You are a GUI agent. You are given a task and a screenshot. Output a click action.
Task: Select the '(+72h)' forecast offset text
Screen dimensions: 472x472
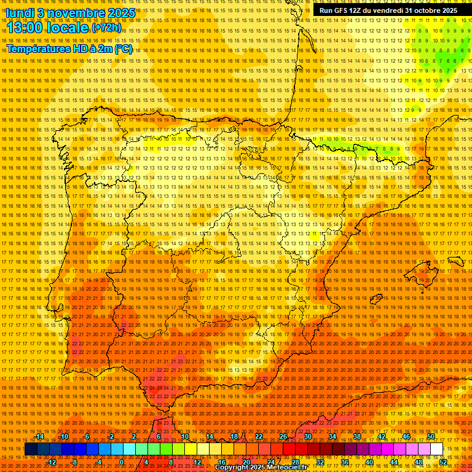coord(106,28)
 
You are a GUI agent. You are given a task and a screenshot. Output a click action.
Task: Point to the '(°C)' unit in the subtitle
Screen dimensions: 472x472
coord(122,49)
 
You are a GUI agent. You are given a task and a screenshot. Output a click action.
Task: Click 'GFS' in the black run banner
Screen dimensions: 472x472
coord(340,10)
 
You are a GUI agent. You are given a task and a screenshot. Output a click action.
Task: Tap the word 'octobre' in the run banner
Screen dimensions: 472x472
coord(420,10)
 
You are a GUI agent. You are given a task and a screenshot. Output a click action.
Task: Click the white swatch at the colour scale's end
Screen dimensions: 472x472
coord(436,449)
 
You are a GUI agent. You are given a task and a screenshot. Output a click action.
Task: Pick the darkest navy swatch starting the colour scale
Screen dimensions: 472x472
coord(31,449)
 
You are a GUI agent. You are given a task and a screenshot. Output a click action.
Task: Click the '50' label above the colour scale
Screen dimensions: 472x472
coord(431,436)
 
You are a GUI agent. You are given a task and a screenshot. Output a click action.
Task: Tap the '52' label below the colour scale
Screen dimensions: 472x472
coord(443,462)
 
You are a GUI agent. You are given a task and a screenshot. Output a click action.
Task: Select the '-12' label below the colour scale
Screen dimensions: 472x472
coord(52,462)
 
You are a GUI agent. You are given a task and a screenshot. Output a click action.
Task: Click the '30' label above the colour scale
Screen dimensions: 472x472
coord(307,436)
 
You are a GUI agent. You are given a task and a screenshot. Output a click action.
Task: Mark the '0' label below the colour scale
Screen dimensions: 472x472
coord(122,462)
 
